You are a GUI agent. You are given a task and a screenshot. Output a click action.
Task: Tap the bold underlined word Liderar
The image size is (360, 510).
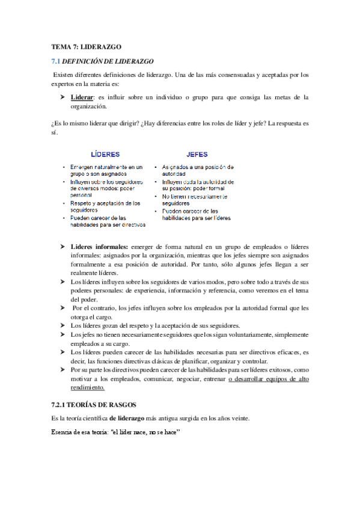click(82, 97)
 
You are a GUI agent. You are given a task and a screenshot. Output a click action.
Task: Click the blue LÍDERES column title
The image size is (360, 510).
click(105, 154)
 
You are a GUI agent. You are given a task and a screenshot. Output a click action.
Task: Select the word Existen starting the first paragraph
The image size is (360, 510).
click(64, 75)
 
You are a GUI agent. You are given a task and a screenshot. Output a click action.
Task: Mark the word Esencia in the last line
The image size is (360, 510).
click(61, 432)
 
